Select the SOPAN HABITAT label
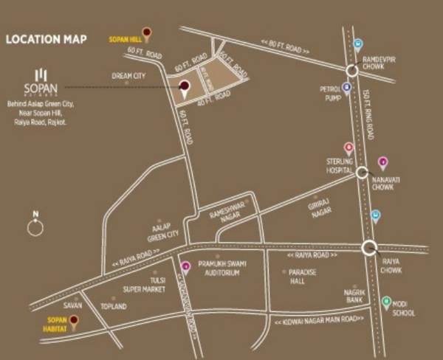click(57, 323)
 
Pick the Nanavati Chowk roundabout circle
click(361, 173)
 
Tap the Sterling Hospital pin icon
click(348, 148)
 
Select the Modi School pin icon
click(385, 301)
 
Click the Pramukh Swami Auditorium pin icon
click(185, 266)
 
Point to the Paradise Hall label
click(303, 275)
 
